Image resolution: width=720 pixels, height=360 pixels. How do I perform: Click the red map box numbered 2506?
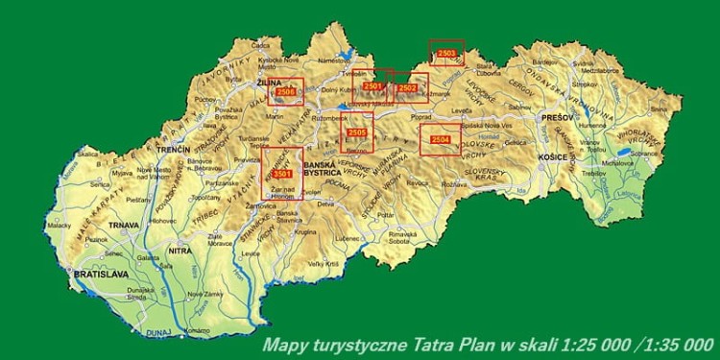[285, 91]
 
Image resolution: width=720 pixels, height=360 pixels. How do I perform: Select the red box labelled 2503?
[446, 53]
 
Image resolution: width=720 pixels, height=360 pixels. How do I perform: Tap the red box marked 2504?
[441, 140]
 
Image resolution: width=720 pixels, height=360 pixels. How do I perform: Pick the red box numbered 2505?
[356, 132]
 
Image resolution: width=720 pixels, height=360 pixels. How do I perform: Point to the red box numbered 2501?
[373, 86]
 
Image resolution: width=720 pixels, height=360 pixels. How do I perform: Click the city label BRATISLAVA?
[99, 275]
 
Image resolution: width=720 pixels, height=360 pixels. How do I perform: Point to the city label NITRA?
[180, 251]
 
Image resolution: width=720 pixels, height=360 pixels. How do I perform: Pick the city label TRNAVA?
[124, 226]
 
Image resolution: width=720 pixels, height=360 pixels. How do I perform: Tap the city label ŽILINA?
[270, 84]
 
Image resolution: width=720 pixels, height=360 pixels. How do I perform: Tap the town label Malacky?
[60, 225]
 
